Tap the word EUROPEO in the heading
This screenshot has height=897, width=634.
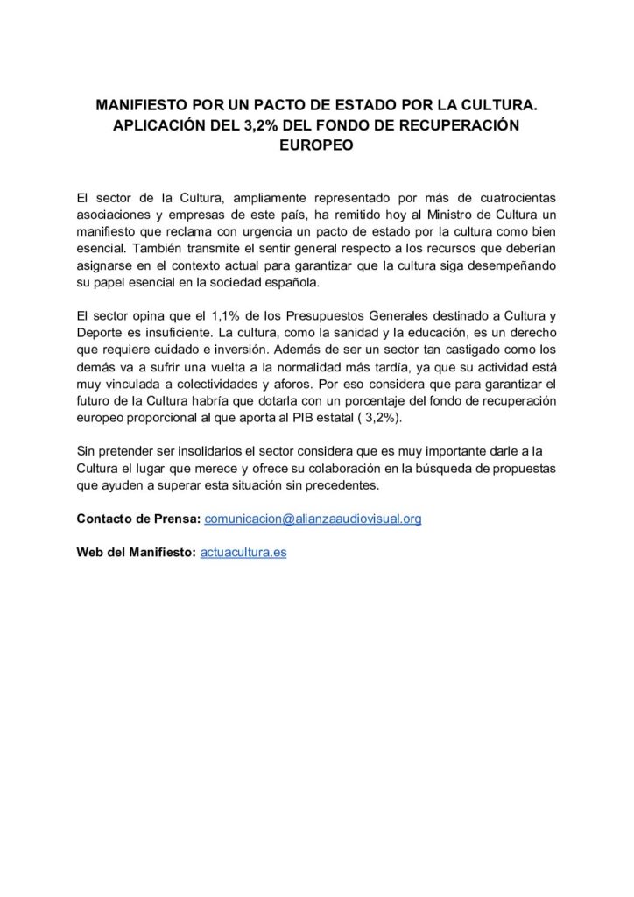(316, 146)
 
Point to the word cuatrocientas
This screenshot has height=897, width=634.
(513, 197)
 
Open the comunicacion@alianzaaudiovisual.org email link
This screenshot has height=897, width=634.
(313, 519)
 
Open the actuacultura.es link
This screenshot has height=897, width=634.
(243, 553)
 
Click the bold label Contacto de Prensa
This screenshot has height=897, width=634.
(138, 519)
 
